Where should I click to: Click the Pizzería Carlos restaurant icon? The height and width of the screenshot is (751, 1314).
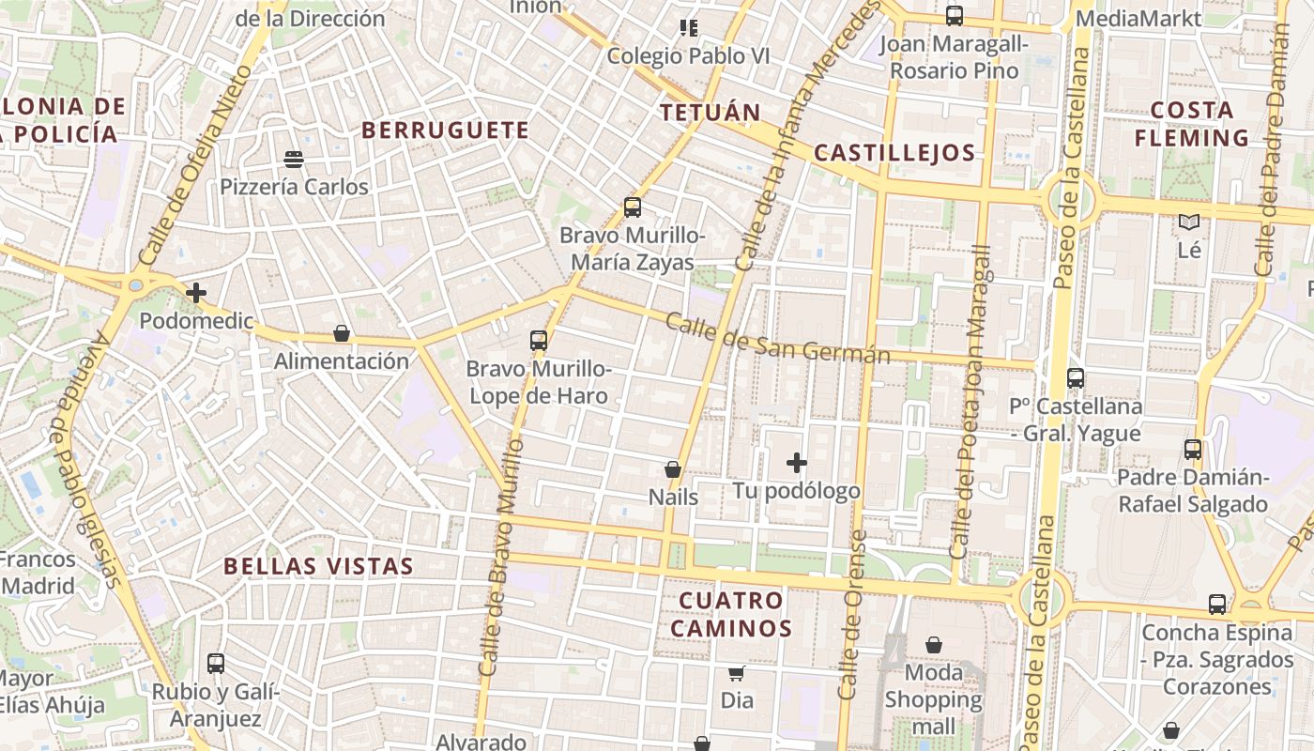(x=294, y=160)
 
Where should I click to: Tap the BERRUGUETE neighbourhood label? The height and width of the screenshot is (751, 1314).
(x=446, y=130)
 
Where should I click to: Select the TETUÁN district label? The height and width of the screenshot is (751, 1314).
(x=710, y=113)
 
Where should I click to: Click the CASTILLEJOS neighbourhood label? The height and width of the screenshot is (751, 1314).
(x=894, y=153)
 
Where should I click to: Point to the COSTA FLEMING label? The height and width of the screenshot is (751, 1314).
(x=1192, y=124)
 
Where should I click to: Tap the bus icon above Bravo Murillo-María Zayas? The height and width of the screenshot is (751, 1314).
(x=633, y=207)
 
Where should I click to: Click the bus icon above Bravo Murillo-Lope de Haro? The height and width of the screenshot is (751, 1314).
(x=539, y=341)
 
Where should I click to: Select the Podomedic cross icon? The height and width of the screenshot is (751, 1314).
(x=196, y=293)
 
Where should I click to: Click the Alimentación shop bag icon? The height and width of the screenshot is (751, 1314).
(x=342, y=333)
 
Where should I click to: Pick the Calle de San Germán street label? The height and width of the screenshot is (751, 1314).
(x=777, y=339)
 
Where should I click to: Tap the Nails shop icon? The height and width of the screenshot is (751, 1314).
(x=673, y=469)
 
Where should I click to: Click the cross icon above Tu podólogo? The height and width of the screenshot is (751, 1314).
(x=797, y=463)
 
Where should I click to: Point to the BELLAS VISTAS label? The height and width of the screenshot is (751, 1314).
(x=319, y=566)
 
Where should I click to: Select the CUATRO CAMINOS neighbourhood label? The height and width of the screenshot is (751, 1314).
(x=731, y=614)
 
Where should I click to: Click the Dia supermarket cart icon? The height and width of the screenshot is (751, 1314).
(x=737, y=673)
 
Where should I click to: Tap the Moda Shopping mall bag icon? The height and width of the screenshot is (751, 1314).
(x=934, y=645)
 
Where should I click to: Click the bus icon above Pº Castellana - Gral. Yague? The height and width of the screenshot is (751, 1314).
(x=1076, y=378)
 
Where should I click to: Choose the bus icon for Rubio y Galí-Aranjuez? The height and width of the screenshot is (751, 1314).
(x=216, y=664)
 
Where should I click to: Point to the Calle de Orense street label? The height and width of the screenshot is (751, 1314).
(x=852, y=615)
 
